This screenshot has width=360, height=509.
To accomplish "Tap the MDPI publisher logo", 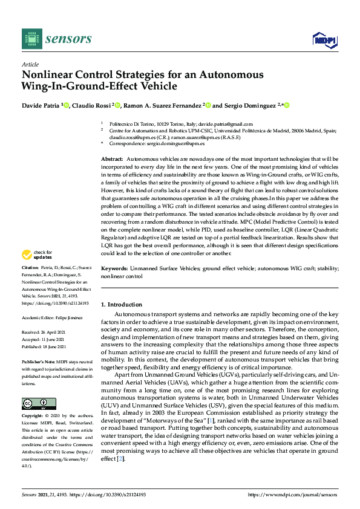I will (324, 40).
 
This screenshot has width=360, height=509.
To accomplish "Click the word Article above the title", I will (30, 65).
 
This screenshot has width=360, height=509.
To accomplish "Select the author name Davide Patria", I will (41, 105).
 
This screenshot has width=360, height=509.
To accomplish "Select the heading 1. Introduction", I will (122, 305).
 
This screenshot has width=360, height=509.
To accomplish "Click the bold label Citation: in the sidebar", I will (30, 284).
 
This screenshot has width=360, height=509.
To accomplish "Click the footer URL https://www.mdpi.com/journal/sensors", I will (293, 494).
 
